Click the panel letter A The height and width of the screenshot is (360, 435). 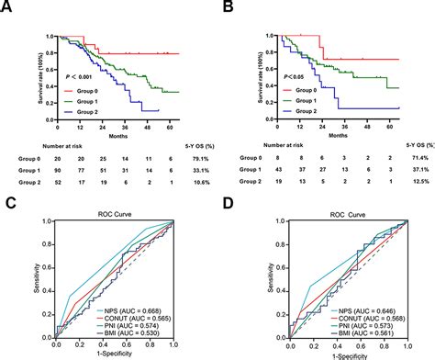(9, 12)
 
